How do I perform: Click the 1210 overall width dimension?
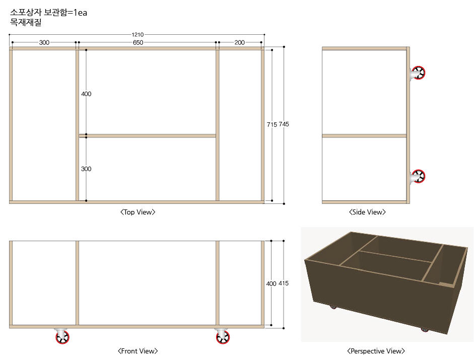coord(138,34)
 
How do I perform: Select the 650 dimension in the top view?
coord(138,43)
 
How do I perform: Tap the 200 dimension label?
coord(239,43)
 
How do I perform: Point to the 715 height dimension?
coord(272,124)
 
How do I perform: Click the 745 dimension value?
coord(284,124)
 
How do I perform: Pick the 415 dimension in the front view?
coord(284,283)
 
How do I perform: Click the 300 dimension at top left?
coord(44,43)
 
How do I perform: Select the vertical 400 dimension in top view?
coord(86,94)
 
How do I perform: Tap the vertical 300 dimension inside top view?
coord(86,169)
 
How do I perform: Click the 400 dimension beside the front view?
coord(271,283)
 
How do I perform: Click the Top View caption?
coord(138,212)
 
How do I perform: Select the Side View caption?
coord(367,212)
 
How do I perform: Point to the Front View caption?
coord(138,351)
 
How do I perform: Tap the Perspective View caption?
coord(376,351)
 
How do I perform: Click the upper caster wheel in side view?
coord(418,73)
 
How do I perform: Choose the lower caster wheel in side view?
coord(418,177)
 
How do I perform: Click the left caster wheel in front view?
coord(62,336)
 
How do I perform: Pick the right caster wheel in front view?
coord(223,336)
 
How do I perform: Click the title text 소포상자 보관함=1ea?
coord(49,13)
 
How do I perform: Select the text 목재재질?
coord(26,22)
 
